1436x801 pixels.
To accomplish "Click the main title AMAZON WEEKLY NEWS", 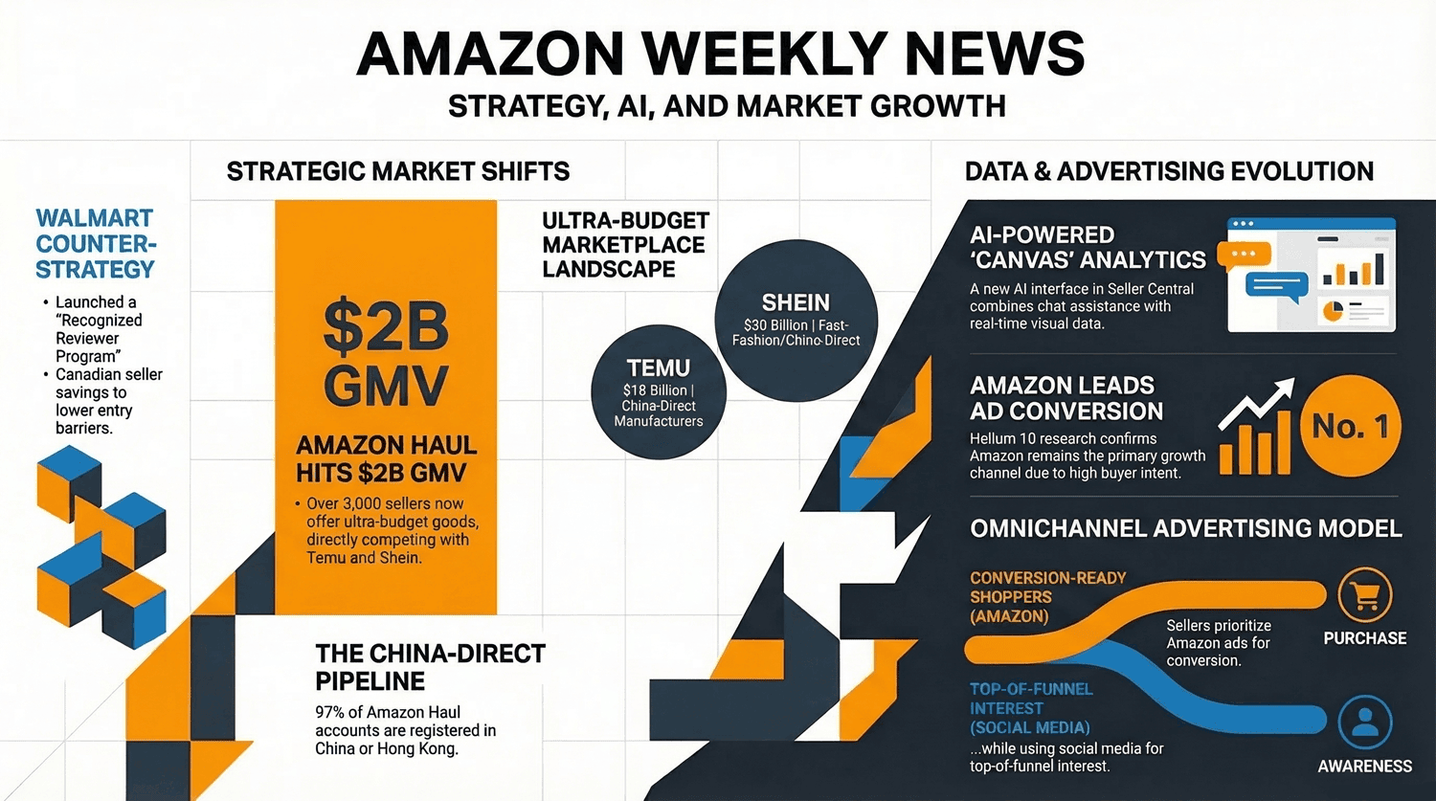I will [720, 54].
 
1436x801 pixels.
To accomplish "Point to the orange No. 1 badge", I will [1350, 426].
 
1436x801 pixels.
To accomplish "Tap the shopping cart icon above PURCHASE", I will [1364, 595].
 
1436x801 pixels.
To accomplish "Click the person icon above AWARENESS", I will [1364, 723].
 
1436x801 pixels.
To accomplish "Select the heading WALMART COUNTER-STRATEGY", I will [95, 244].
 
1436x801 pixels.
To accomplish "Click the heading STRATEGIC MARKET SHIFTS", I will [397, 171].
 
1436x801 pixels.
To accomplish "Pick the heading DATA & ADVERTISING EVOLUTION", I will [1169, 171].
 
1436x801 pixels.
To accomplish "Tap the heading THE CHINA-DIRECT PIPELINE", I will [430, 667].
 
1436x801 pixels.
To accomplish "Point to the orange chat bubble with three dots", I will [1244, 255].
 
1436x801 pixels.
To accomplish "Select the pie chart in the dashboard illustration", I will [1332, 311].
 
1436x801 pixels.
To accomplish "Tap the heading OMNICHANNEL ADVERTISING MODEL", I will [1185, 528].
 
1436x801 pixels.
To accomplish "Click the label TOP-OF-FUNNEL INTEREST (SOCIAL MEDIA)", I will [1031, 708].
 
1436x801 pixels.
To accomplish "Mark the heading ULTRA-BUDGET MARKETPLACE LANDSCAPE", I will [624, 245].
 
